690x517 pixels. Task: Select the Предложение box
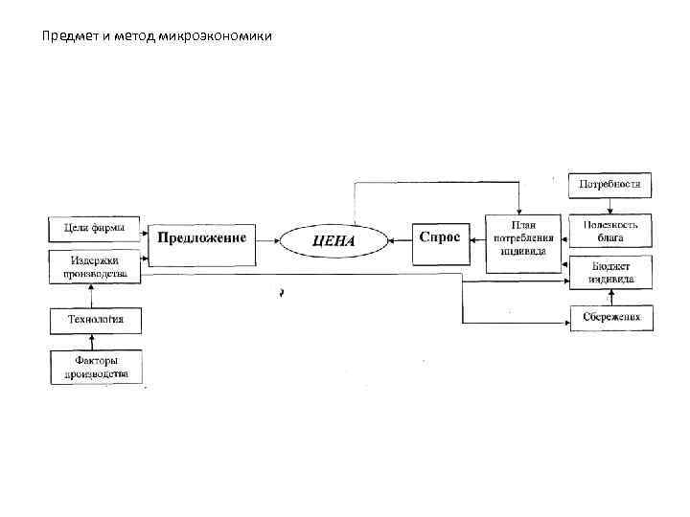201,237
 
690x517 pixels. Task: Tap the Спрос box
440,238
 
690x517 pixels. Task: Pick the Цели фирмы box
94,228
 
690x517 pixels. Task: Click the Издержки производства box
94,265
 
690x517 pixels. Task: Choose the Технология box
95,321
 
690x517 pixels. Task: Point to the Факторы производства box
95,367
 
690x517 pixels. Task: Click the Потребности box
610,185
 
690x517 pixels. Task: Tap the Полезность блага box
610,230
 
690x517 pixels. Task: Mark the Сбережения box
610,317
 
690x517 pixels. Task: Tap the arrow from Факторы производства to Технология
94,343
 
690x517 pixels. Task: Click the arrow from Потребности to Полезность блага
609,206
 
